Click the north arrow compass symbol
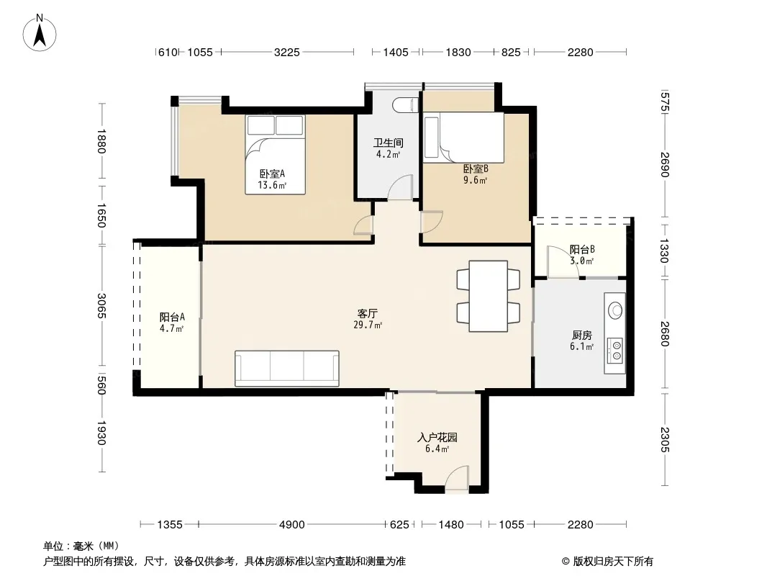[x=40, y=32]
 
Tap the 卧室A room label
[x=272, y=174]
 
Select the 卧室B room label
[x=476, y=168]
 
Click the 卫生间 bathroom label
[x=389, y=143]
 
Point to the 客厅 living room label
[x=368, y=313]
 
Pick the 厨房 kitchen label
[x=581, y=336]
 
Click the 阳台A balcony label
[x=172, y=317]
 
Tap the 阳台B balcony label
[x=582, y=250]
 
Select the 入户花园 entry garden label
[x=437, y=437]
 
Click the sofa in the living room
[x=286, y=369]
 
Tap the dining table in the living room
[x=488, y=296]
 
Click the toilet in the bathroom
[x=406, y=104]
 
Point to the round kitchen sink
[x=615, y=310]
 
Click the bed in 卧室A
[x=276, y=155]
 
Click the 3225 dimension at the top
[x=286, y=52]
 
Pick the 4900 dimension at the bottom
[x=291, y=525]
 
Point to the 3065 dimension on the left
[x=101, y=305]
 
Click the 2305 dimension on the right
[x=664, y=439]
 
